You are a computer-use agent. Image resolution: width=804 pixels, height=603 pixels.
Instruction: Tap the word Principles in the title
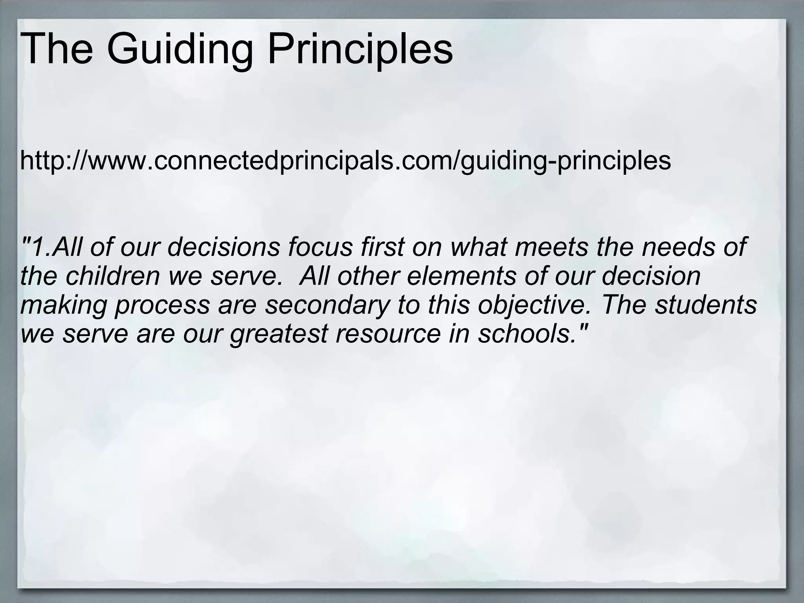pos(360,50)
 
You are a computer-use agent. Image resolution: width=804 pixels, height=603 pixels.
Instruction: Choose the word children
pos(113,276)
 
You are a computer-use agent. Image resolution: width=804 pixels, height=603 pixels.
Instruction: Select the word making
pos(63,305)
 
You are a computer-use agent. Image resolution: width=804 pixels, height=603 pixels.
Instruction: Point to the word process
pos(162,305)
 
